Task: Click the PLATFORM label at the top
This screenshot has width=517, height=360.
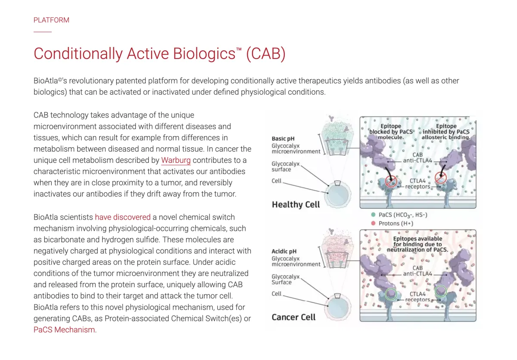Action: point(51,20)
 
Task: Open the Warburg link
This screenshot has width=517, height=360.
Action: point(176,160)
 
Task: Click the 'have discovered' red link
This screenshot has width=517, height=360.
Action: point(123,217)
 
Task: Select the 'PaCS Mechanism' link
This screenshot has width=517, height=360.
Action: point(65,330)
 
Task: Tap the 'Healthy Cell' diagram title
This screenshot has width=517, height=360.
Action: point(296,205)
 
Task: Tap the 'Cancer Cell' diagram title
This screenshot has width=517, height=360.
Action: point(293,317)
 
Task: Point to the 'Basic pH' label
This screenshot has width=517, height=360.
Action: point(283,139)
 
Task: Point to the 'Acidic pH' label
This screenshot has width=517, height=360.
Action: point(284,251)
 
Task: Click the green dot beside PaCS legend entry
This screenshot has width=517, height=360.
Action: point(373,214)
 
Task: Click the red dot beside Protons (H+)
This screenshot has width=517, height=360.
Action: point(373,223)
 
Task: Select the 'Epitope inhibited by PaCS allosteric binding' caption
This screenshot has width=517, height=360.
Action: point(446,131)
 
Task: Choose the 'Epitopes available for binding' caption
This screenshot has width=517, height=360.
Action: point(417,244)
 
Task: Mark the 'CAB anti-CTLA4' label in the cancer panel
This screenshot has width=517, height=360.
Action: point(417,270)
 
